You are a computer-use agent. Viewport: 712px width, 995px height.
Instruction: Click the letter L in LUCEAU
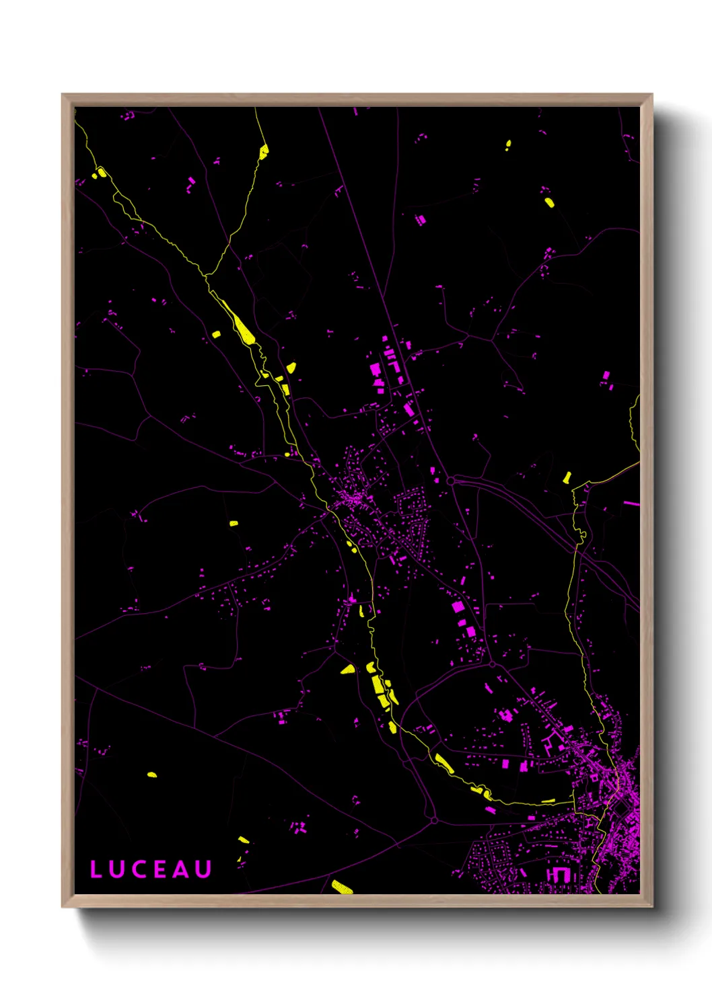tap(96, 869)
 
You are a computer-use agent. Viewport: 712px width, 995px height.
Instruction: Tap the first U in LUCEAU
tap(116, 869)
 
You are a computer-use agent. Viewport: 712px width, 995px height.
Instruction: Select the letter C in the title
tap(138, 869)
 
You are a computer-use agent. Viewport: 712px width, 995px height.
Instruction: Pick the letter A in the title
tap(180, 869)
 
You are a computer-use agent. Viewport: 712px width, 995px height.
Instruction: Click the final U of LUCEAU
tap(203, 869)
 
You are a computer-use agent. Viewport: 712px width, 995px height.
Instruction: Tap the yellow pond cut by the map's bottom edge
tap(342, 887)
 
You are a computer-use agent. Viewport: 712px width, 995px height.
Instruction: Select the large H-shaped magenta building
tap(558, 874)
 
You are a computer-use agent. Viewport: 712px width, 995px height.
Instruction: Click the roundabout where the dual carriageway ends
tap(450, 481)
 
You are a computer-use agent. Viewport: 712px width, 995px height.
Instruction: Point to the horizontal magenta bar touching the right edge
tap(631, 503)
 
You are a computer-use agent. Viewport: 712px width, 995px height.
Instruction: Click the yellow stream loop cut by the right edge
tap(633, 424)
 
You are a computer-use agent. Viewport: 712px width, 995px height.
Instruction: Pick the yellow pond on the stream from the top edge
tap(264, 151)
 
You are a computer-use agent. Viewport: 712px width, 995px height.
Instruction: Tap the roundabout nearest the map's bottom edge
tap(434, 821)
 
